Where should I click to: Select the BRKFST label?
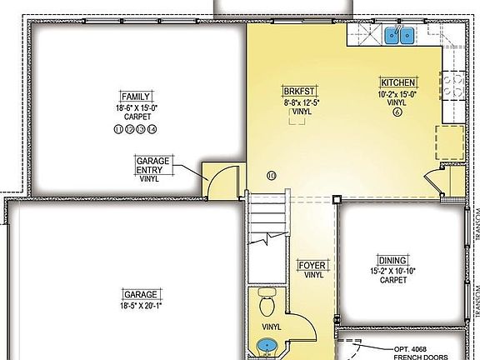pos(297,91)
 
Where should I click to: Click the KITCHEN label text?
pos(397,82)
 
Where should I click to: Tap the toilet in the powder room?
pos(267,298)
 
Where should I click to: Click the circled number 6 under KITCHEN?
pos(397,112)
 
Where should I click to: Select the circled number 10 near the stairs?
pos(271,175)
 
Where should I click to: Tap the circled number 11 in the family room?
pos(117,129)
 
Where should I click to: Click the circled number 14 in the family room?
pos(152,129)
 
